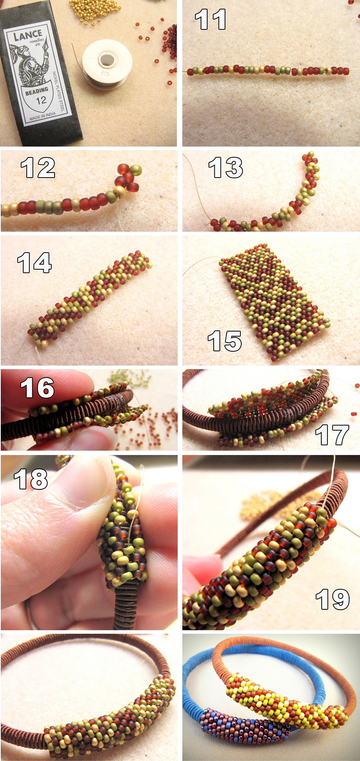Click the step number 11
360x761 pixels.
[210, 20]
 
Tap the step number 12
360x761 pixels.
[38, 168]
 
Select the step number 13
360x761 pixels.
[226, 168]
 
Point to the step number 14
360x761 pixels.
[34, 263]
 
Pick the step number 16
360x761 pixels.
[37, 388]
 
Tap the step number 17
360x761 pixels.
[332, 435]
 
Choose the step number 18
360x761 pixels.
[31, 479]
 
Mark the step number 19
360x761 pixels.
[333, 600]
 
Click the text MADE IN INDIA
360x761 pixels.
[43, 116]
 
